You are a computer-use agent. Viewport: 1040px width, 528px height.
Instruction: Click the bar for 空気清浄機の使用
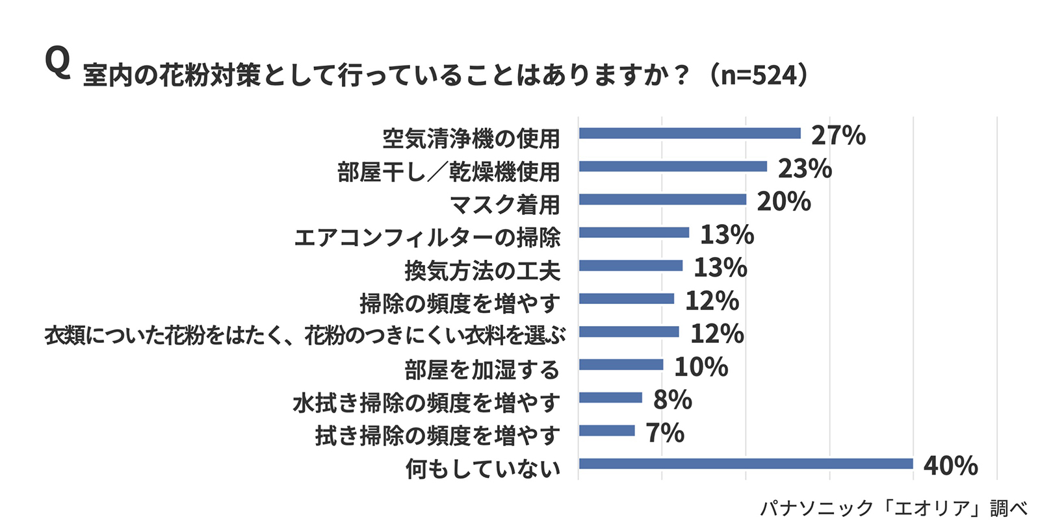click(x=690, y=133)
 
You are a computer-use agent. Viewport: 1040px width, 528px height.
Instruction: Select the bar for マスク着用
click(x=662, y=199)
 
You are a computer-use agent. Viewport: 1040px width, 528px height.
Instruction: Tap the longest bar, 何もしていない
click(x=746, y=464)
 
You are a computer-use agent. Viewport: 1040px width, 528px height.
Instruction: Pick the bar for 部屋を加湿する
click(x=621, y=365)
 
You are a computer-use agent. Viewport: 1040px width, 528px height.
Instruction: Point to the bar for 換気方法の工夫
click(x=630, y=266)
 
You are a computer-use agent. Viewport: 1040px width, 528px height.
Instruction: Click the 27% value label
click(x=838, y=135)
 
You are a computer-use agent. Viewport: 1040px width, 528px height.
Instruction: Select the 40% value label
click(x=950, y=466)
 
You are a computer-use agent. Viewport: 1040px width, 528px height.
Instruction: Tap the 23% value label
click(x=805, y=168)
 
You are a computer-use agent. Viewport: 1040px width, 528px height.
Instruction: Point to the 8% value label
click(x=672, y=399)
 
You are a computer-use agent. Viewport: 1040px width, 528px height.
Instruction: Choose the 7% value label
click(x=664, y=433)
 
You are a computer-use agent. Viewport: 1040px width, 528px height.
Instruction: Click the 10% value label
click(x=701, y=367)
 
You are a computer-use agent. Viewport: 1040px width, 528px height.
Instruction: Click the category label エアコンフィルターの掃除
click(x=427, y=237)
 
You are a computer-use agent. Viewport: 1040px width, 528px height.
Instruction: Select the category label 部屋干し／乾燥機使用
click(x=448, y=171)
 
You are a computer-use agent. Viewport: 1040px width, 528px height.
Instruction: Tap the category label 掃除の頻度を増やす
click(x=460, y=303)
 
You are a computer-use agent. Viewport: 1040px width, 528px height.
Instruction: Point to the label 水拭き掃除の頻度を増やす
click(x=426, y=403)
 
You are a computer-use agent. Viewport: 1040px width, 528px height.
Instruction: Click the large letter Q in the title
click(x=57, y=64)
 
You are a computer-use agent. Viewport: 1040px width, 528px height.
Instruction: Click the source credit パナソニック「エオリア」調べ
click(x=894, y=508)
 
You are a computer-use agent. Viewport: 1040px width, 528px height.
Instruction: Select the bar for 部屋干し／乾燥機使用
click(x=673, y=166)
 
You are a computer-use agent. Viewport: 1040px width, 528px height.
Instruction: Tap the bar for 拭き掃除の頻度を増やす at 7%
click(x=606, y=431)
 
